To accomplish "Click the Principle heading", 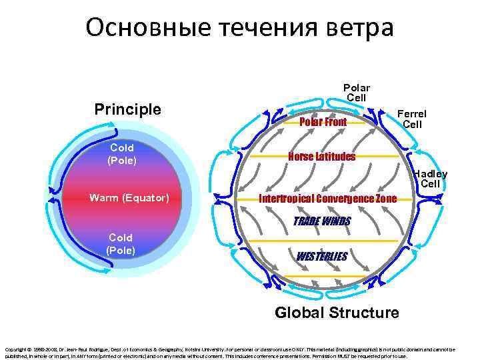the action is pyautogui.click(x=127, y=109).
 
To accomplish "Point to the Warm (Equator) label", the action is pyautogui.click(x=129, y=198).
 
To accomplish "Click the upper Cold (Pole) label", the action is pyautogui.click(x=121, y=153).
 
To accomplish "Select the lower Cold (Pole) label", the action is pyautogui.click(x=121, y=244).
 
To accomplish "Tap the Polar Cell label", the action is pyautogui.click(x=356, y=93).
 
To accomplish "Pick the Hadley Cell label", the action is pyautogui.click(x=430, y=179).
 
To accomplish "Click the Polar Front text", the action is pyautogui.click(x=323, y=122).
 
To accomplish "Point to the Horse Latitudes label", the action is pyautogui.click(x=321, y=157).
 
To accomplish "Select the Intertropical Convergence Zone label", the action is pyautogui.click(x=327, y=199).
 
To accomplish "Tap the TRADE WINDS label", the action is pyautogui.click(x=322, y=221).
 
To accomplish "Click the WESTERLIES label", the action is pyautogui.click(x=321, y=256).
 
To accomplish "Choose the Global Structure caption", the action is pyautogui.click(x=337, y=312).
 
